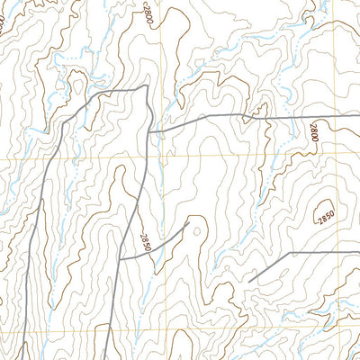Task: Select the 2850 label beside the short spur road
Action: click(144, 241)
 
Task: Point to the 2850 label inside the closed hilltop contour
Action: click(325, 215)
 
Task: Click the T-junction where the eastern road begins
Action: click(148, 132)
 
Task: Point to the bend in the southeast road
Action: click(289, 254)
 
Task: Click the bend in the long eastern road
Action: click(207, 116)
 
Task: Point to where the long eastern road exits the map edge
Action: click(359, 117)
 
